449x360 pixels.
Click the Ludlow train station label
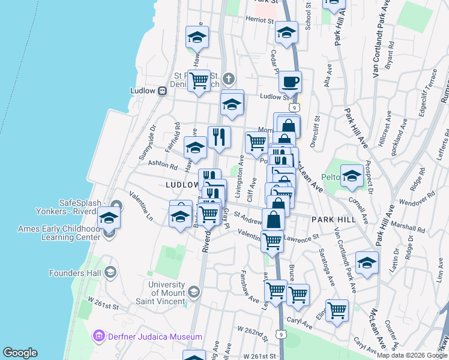[x=143, y=91]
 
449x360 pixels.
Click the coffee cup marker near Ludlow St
[x=290, y=82]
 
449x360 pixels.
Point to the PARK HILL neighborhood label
[x=333, y=220]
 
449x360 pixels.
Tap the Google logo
[x=20, y=353]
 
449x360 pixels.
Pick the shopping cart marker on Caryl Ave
[x=337, y=310]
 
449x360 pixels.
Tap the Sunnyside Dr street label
[x=148, y=142]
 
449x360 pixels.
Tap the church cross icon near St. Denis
[x=228, y=79]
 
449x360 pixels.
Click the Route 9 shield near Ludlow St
[x=294, y=107]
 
